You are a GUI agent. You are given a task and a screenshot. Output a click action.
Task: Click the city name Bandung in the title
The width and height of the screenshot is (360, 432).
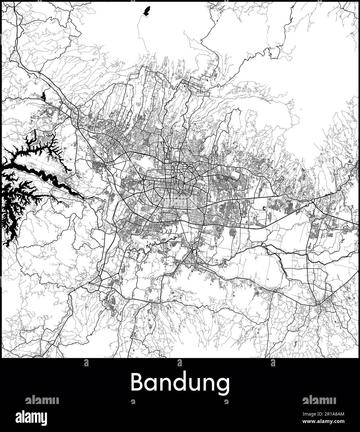[180, 383]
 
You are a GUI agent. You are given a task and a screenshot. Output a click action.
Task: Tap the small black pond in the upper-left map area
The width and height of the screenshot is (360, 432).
[43, 95]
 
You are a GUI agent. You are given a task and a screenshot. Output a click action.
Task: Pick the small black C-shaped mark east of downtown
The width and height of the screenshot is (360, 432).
[264, 209]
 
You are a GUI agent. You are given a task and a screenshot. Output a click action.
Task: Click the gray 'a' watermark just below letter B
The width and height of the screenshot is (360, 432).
[133, 402]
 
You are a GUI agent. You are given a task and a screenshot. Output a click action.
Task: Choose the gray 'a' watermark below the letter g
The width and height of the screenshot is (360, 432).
[226, 402]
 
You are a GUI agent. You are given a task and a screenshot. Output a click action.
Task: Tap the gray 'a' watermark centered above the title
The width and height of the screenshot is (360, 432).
[180, 362]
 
